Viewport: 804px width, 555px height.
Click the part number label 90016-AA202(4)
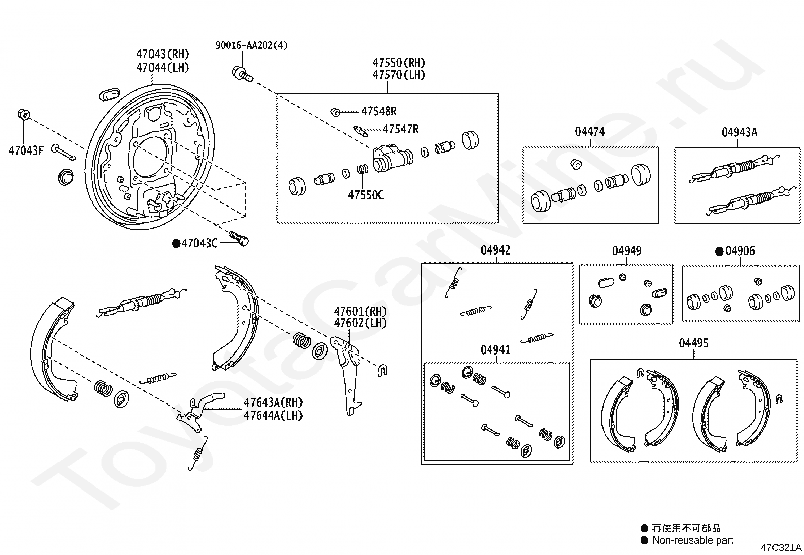click(252, 45)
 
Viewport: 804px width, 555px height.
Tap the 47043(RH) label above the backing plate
click(163, 54)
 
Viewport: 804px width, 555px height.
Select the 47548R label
click(379, 111)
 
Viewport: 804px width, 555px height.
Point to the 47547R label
click(400, 129)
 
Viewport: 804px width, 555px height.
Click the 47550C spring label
click(366, 195)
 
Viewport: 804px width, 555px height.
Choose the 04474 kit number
click(590, 132)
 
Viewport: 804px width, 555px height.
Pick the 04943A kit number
click(739, 132)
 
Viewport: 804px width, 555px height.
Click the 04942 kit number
click(495, 250)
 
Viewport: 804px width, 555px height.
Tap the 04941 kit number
click(495, 349)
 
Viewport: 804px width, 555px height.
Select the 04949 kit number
click(627, 251)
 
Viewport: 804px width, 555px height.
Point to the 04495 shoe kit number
click(693, 343)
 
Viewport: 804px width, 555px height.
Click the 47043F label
click(27, 150)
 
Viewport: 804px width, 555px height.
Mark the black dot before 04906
click(719, 251)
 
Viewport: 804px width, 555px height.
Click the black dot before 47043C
click(176, 244)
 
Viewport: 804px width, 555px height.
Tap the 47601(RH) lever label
click(361, 311)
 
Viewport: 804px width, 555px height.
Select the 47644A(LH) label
click(273, 415)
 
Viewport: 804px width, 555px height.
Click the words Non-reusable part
click(693, 540)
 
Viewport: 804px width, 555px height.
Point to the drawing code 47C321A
click(781, 547)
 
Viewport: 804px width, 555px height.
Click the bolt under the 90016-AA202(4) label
click(242, 74)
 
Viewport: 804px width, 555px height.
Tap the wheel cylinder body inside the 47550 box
click(393, 158)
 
